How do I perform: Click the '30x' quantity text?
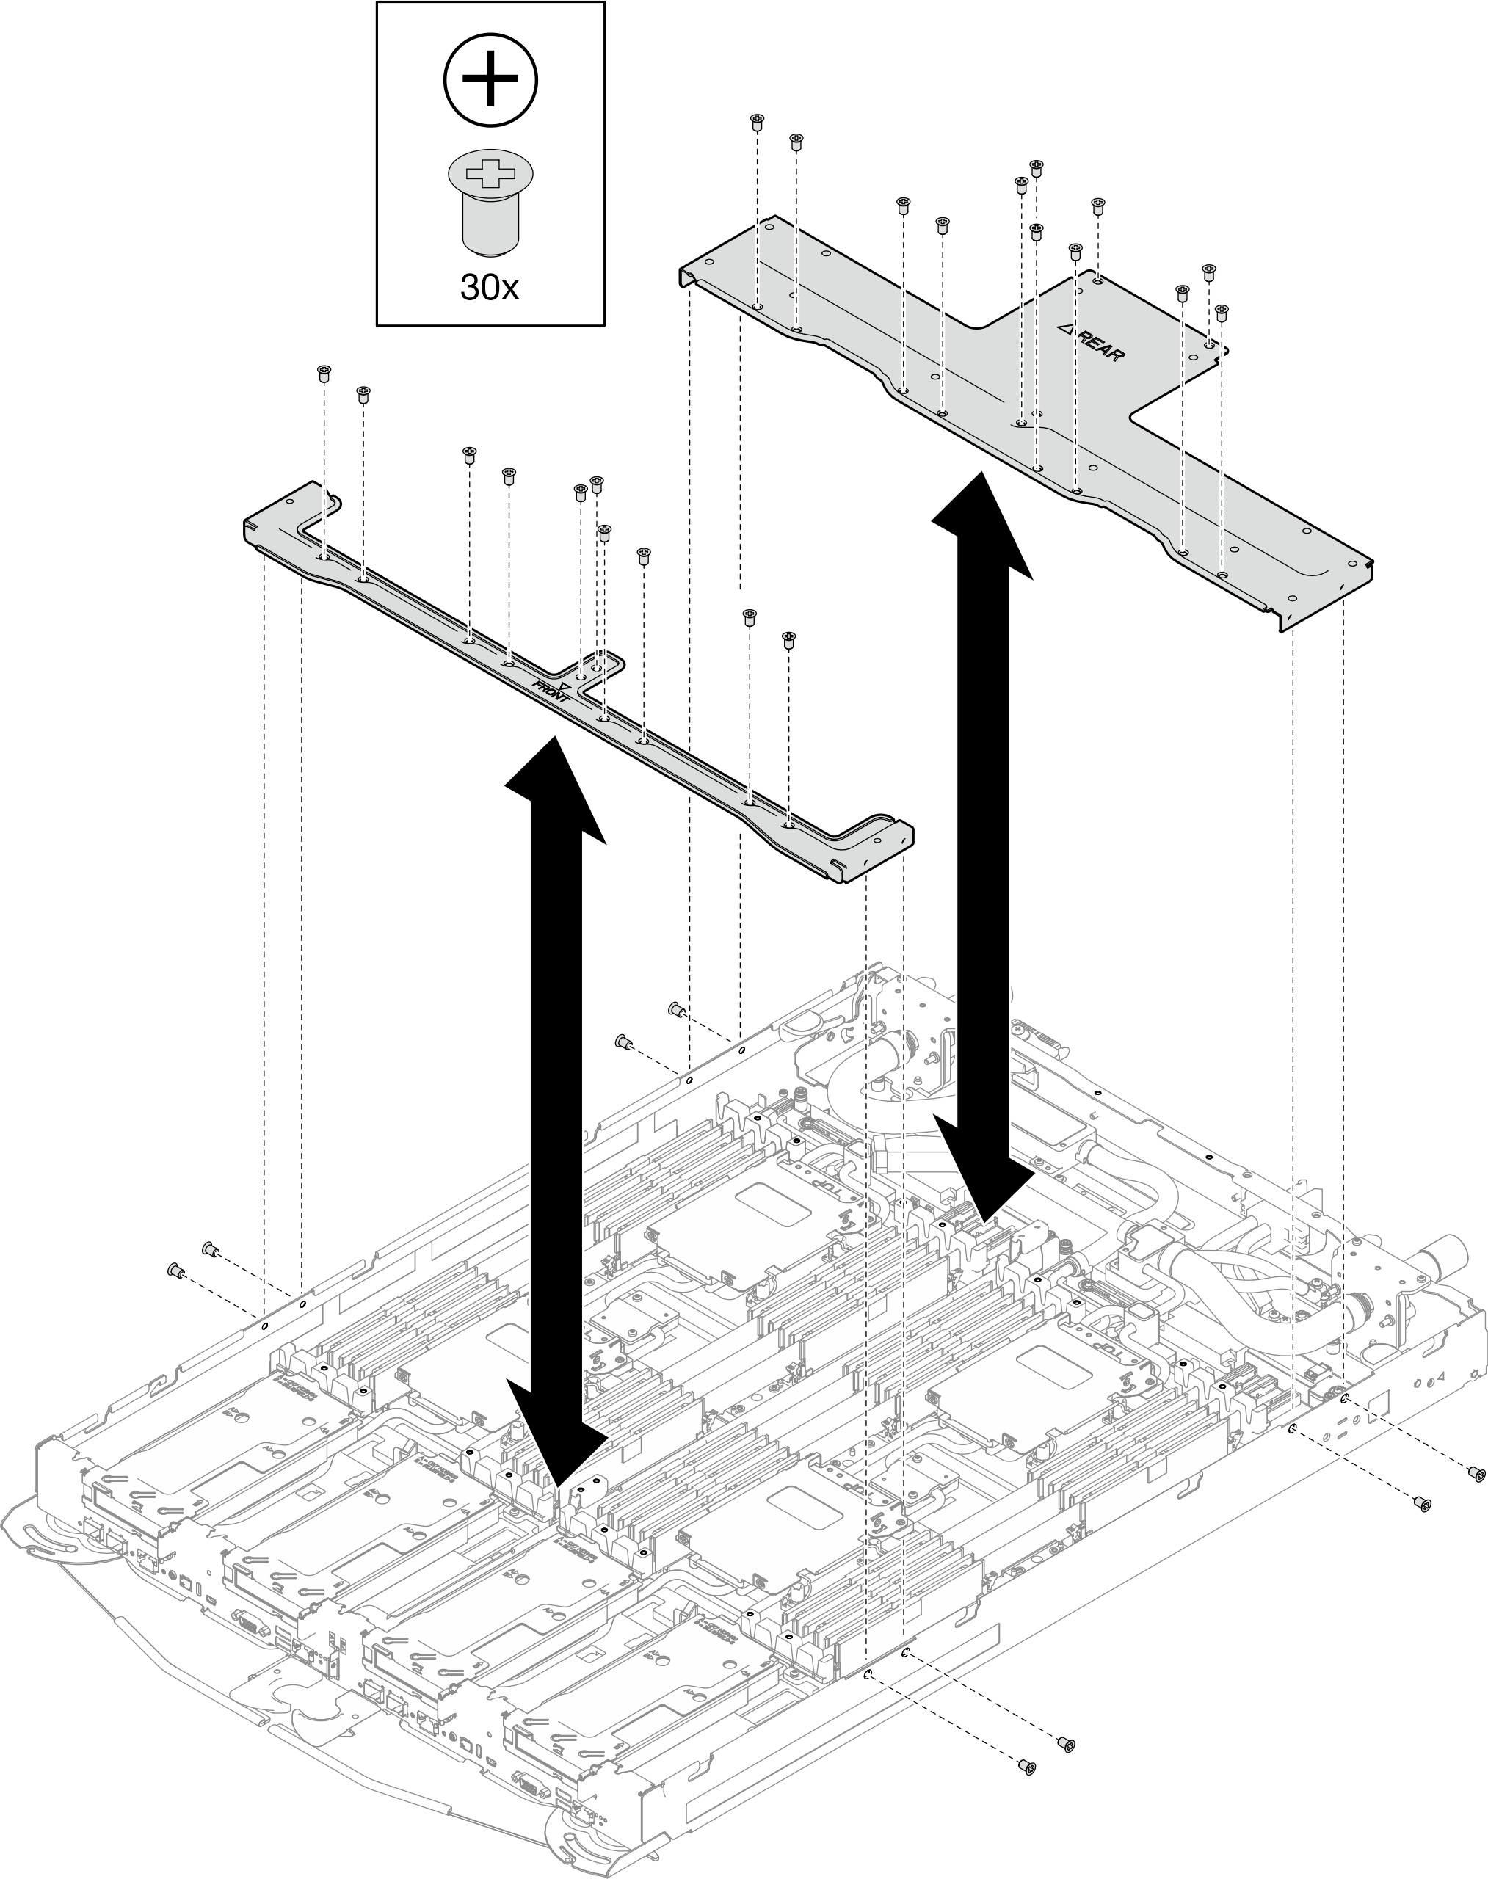[489, 286]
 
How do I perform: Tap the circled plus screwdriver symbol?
[490, 79]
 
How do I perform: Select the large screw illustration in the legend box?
[490, 202]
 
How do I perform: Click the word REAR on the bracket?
[1100, 344]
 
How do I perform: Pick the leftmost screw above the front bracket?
[323, 372]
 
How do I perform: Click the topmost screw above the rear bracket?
[757, 120]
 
